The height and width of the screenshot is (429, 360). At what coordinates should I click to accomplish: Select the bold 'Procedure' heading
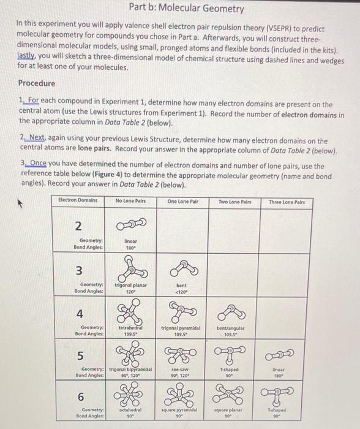pyautogui.click(x=37, y=83)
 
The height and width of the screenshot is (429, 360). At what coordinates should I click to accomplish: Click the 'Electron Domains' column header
pyautogui.click(x=80, y=200)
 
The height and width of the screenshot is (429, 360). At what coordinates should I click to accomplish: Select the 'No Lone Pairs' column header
pyautogui.click(x=130, y=200)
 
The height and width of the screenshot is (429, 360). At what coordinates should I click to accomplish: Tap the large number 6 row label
pyautogui.click(x=80, y=397)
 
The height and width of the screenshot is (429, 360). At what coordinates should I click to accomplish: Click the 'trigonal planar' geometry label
pyautogui.click(x=130, y=286)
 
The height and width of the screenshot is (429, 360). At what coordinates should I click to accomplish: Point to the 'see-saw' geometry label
pyautogui.click(x=181, y=370)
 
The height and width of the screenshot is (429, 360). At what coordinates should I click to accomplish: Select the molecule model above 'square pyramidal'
pyautogui.click(x=182, y=392)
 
